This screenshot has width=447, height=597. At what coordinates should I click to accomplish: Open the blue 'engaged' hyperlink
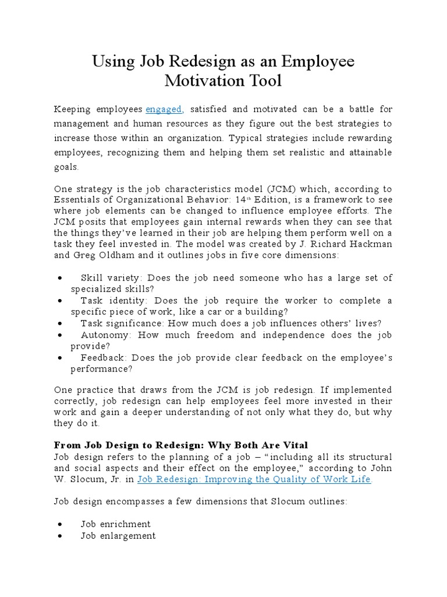point(165,109)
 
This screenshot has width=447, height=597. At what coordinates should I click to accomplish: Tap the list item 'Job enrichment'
point(115,524)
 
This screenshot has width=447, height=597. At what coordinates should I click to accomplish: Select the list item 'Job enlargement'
point(118,535)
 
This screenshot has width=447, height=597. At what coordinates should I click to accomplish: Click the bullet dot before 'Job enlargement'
point(61,535)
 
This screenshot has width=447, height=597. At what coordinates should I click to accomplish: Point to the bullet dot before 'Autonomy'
point(61,335)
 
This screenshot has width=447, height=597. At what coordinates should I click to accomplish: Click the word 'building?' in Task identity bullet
point(268,312)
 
